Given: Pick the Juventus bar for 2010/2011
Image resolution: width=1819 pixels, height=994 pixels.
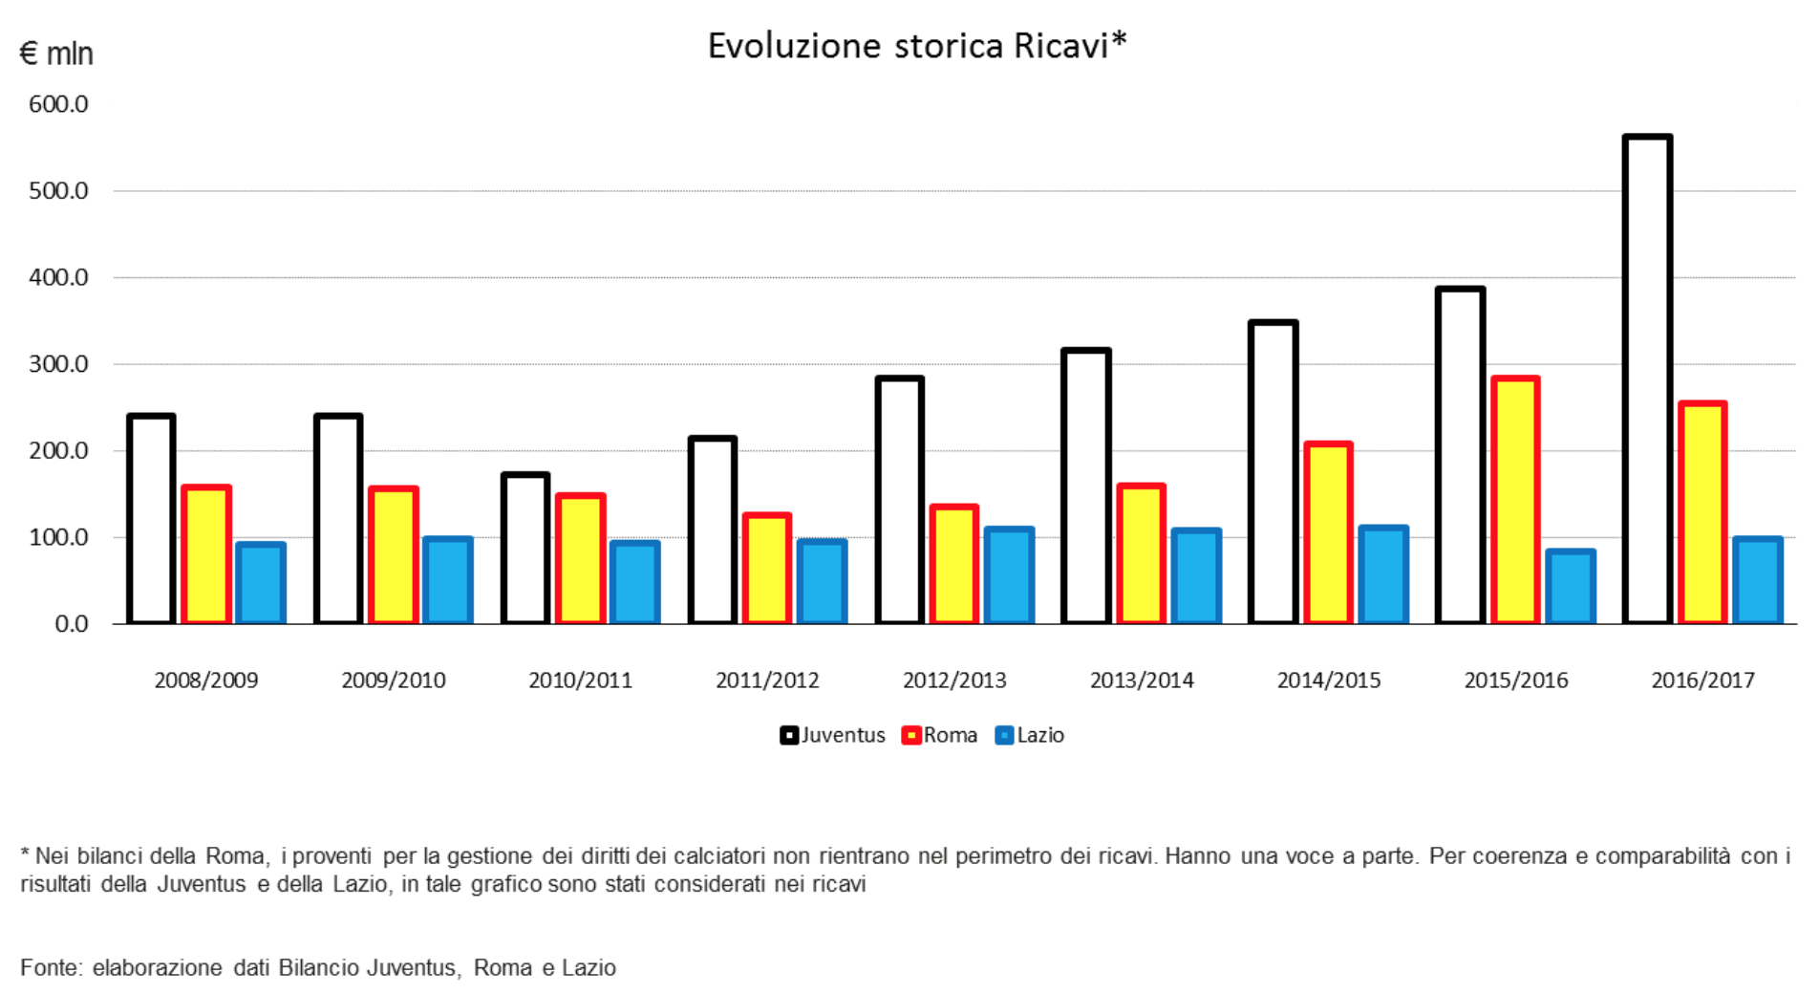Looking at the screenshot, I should pos(525,549).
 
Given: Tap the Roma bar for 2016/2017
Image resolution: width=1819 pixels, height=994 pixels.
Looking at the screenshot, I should pos(1702,513).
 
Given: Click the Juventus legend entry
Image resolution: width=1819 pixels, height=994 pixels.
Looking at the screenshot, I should pos(832,735).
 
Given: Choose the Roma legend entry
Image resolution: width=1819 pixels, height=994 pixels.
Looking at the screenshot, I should pos(939,735).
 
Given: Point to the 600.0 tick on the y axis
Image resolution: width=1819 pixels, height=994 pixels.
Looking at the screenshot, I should pos(58,104).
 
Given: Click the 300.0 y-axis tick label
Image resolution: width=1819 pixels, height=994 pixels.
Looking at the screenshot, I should pos(58,364).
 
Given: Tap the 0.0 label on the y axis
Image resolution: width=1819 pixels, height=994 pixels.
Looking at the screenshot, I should pos(71,624).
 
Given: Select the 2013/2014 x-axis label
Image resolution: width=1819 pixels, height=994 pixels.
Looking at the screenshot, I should pos(1142,681).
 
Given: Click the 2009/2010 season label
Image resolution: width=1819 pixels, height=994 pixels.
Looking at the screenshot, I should pos(394,681).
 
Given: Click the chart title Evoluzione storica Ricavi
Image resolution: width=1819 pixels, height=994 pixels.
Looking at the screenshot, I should pos(916,46).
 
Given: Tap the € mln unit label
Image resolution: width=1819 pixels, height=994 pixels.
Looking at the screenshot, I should pos(56,54).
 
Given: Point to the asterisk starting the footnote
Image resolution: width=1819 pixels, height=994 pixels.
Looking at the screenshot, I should pos(25,854).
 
